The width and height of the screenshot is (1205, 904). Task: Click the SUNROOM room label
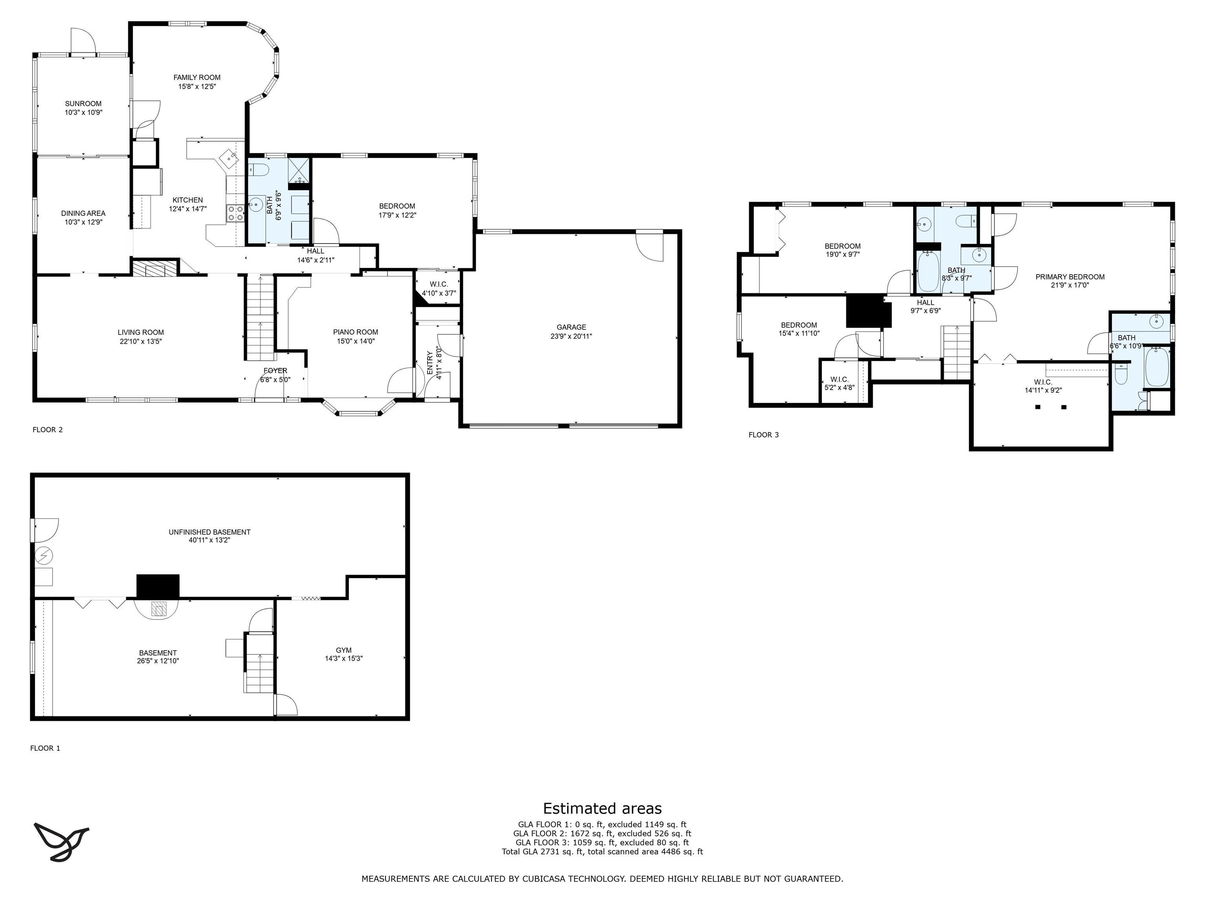pos(83,104)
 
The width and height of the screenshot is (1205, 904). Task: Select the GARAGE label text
pos(572,328)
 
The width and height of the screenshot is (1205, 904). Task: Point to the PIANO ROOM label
pos(356,332)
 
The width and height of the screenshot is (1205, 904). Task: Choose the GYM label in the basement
pos(344,650)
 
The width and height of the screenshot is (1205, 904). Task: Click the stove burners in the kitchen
pos(236,213)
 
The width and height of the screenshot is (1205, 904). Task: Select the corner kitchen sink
pos(229,157)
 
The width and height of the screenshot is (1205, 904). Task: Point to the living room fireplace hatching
pos(155,268)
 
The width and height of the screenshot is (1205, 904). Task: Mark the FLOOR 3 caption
pos(764,434)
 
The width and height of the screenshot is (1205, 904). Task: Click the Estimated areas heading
pos(602,808)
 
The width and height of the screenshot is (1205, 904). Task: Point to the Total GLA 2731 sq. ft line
pos(602,852)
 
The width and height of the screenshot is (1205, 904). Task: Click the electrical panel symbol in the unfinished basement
pos(44,556)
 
